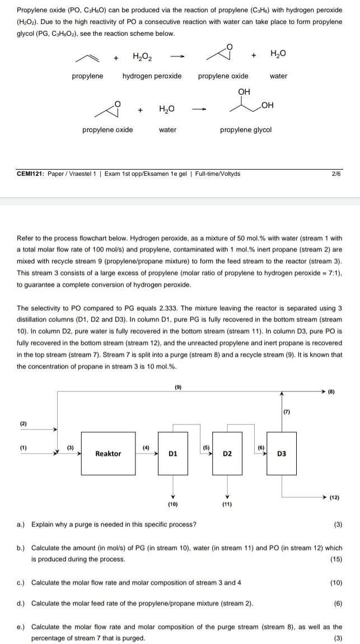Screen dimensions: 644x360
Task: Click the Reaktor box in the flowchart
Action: [x=107, y=454]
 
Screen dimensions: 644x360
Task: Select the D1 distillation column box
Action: [x=174, y=454]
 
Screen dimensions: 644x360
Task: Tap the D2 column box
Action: [x=227, y=454]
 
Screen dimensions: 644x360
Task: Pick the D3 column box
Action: [x=282, y=454]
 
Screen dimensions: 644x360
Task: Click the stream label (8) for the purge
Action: [x=339, y=391]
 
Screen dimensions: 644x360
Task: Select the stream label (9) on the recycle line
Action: [x=178, y=386]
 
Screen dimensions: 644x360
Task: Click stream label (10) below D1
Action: [x=173, y=505]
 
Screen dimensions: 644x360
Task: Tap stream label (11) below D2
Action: [x=227, y=505]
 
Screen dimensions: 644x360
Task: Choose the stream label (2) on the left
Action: [x=23, y=423]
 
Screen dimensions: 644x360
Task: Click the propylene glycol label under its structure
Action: [x=245, y=130]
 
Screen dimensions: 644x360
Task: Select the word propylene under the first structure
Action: [x=87, y=76]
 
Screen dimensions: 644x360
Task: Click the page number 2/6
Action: [x=336, y=174]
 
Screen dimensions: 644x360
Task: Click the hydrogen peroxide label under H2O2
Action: [x=152, y=76]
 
